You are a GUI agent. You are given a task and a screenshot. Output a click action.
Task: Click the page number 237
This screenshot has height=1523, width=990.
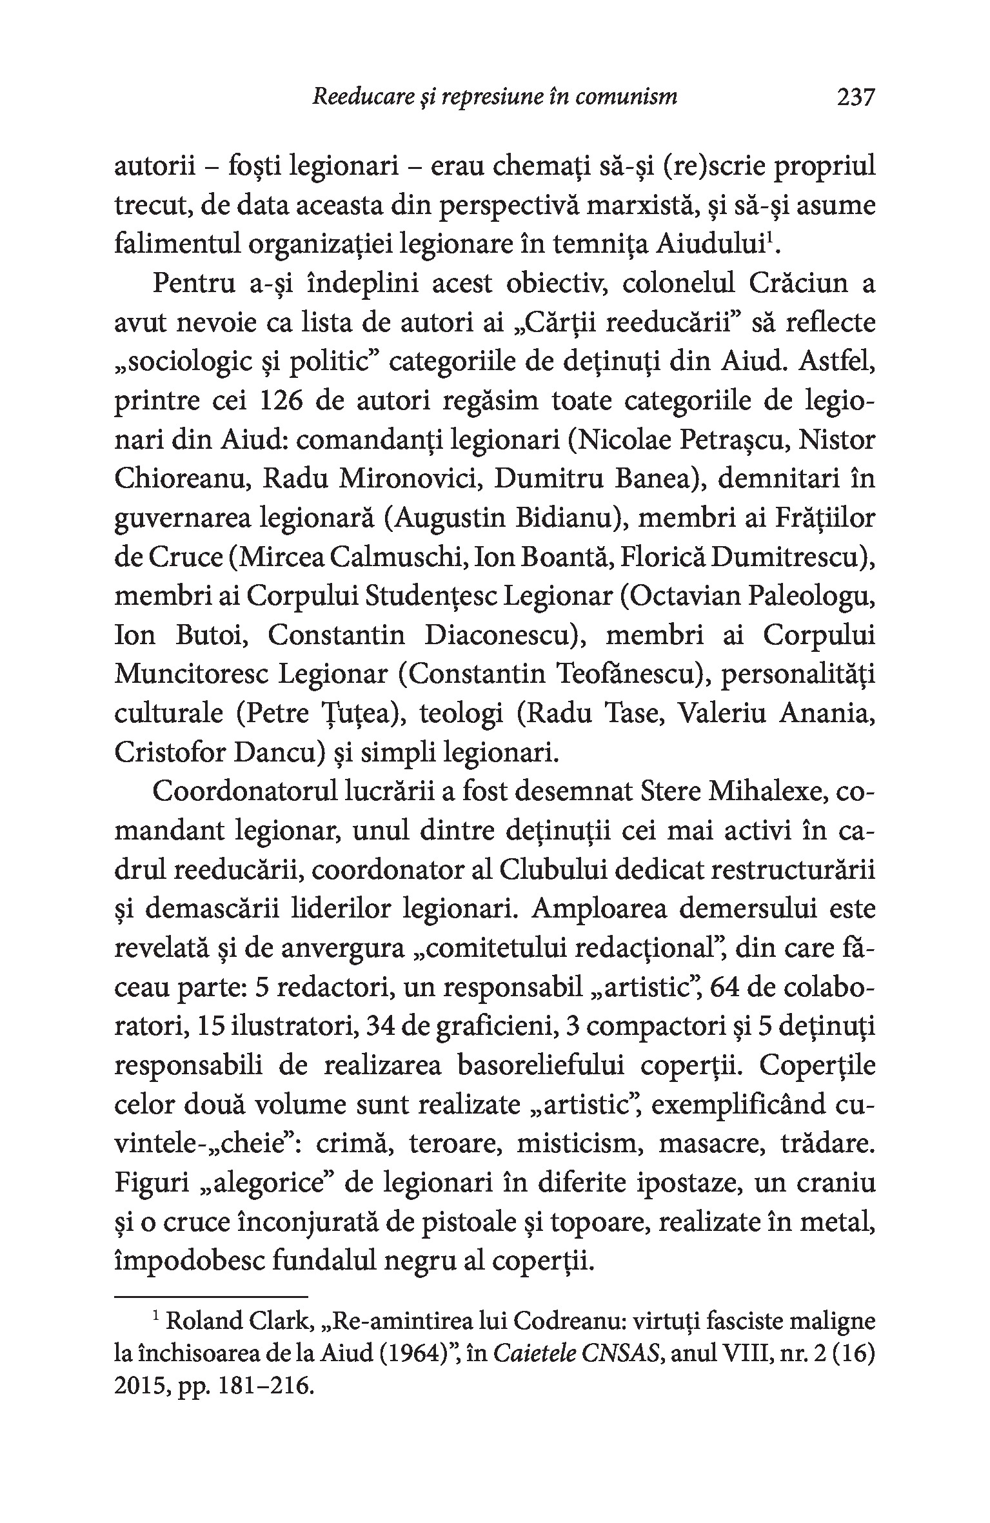(855, 97)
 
